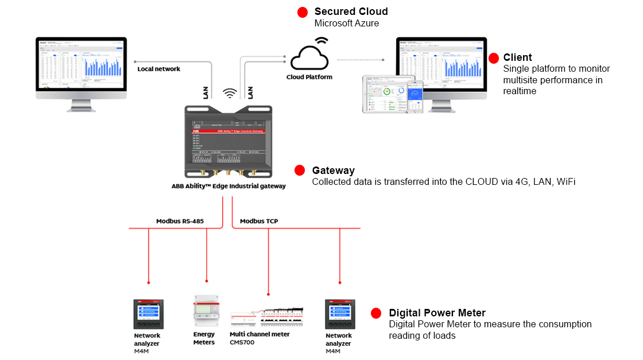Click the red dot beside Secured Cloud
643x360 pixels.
pyautogui.click(x=302, y=13)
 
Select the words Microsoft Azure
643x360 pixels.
pyautogui.click(x=347, y=24)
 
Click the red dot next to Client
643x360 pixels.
pyautogui.click(x=493, y=58)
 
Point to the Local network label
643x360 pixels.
pyautogui.click(x=159, y=69)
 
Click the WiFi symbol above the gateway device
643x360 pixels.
pyautogui.click(x=230, y=93)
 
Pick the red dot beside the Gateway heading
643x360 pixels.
pyautogui.click(x=299, y=171)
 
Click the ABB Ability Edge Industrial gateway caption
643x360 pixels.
pyautogui.click(x=228, y=186)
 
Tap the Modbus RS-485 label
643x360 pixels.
pyautogui.click(x=180, y=221)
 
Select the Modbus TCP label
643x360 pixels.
pyautogui.click(x=259, y=221)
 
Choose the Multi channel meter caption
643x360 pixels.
pyautogui.click(x=259, y=334)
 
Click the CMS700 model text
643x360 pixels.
pyautogui.click(x=242, y=342)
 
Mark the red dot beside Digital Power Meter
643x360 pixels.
pyautogui.click(x=376, y=313)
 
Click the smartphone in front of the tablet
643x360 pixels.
pyautogui.click(x=415, y=96)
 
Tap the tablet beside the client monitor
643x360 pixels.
pyautogui.click(x=386, y=94)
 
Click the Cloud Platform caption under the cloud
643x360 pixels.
pyautogui.click(x=309, y=77)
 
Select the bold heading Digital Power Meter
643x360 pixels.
pyautogui.click(x=437, y=313)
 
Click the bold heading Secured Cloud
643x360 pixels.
pyautogui.click(x=351, y=11)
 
